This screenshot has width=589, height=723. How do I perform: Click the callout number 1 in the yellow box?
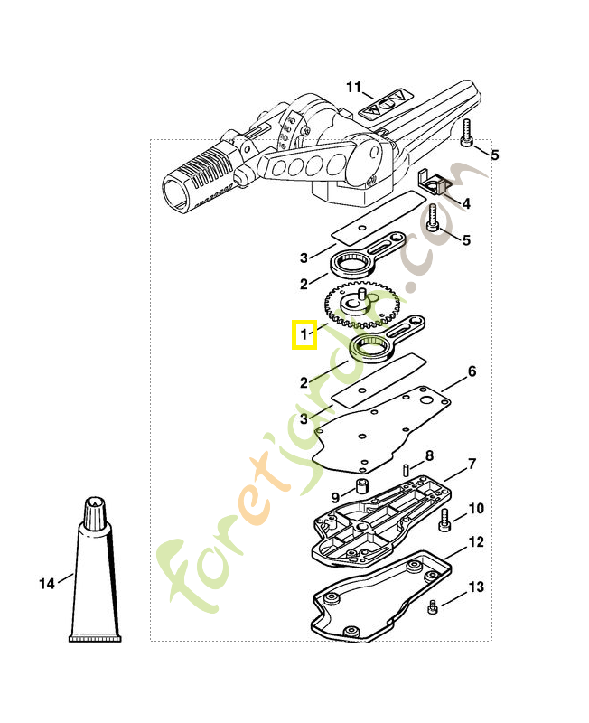[x=304, y=335]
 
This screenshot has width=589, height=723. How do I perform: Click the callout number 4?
[x=466, y=204]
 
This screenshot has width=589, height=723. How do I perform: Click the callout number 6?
[x=472, y=371]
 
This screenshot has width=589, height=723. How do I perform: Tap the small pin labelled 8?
[x=407, y=469]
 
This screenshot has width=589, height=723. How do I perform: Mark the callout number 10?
[x=475, y=509]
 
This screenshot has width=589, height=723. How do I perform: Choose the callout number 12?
[x=476, y=542]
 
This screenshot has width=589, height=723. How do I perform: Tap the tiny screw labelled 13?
[x=435, y=606]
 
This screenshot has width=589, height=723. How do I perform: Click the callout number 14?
[x=47, y=583]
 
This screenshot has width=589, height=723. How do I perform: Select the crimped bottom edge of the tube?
[x=95, y=639]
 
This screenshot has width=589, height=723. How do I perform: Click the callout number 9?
[x=334, y=497]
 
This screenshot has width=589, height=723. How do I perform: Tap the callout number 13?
[x=475, y=587]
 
